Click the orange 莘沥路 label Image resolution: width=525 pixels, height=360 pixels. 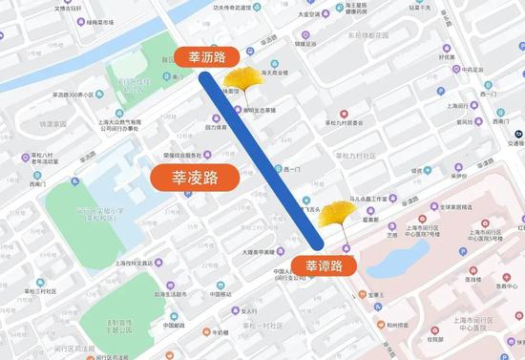point(206,56)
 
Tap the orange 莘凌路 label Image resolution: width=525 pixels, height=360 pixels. point(195,177)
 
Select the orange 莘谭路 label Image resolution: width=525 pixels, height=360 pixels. point(325,265)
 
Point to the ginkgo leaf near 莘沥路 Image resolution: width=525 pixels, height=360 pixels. point(246,77)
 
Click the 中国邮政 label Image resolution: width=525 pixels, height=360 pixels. point(172,325)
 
